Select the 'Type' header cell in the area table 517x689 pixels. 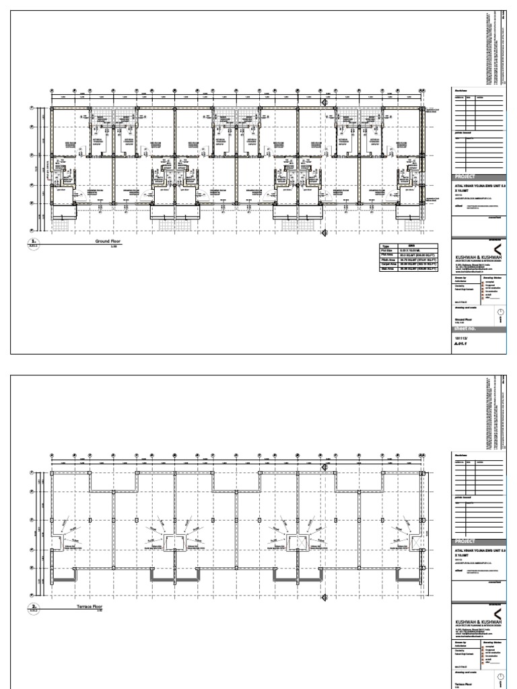386,246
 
